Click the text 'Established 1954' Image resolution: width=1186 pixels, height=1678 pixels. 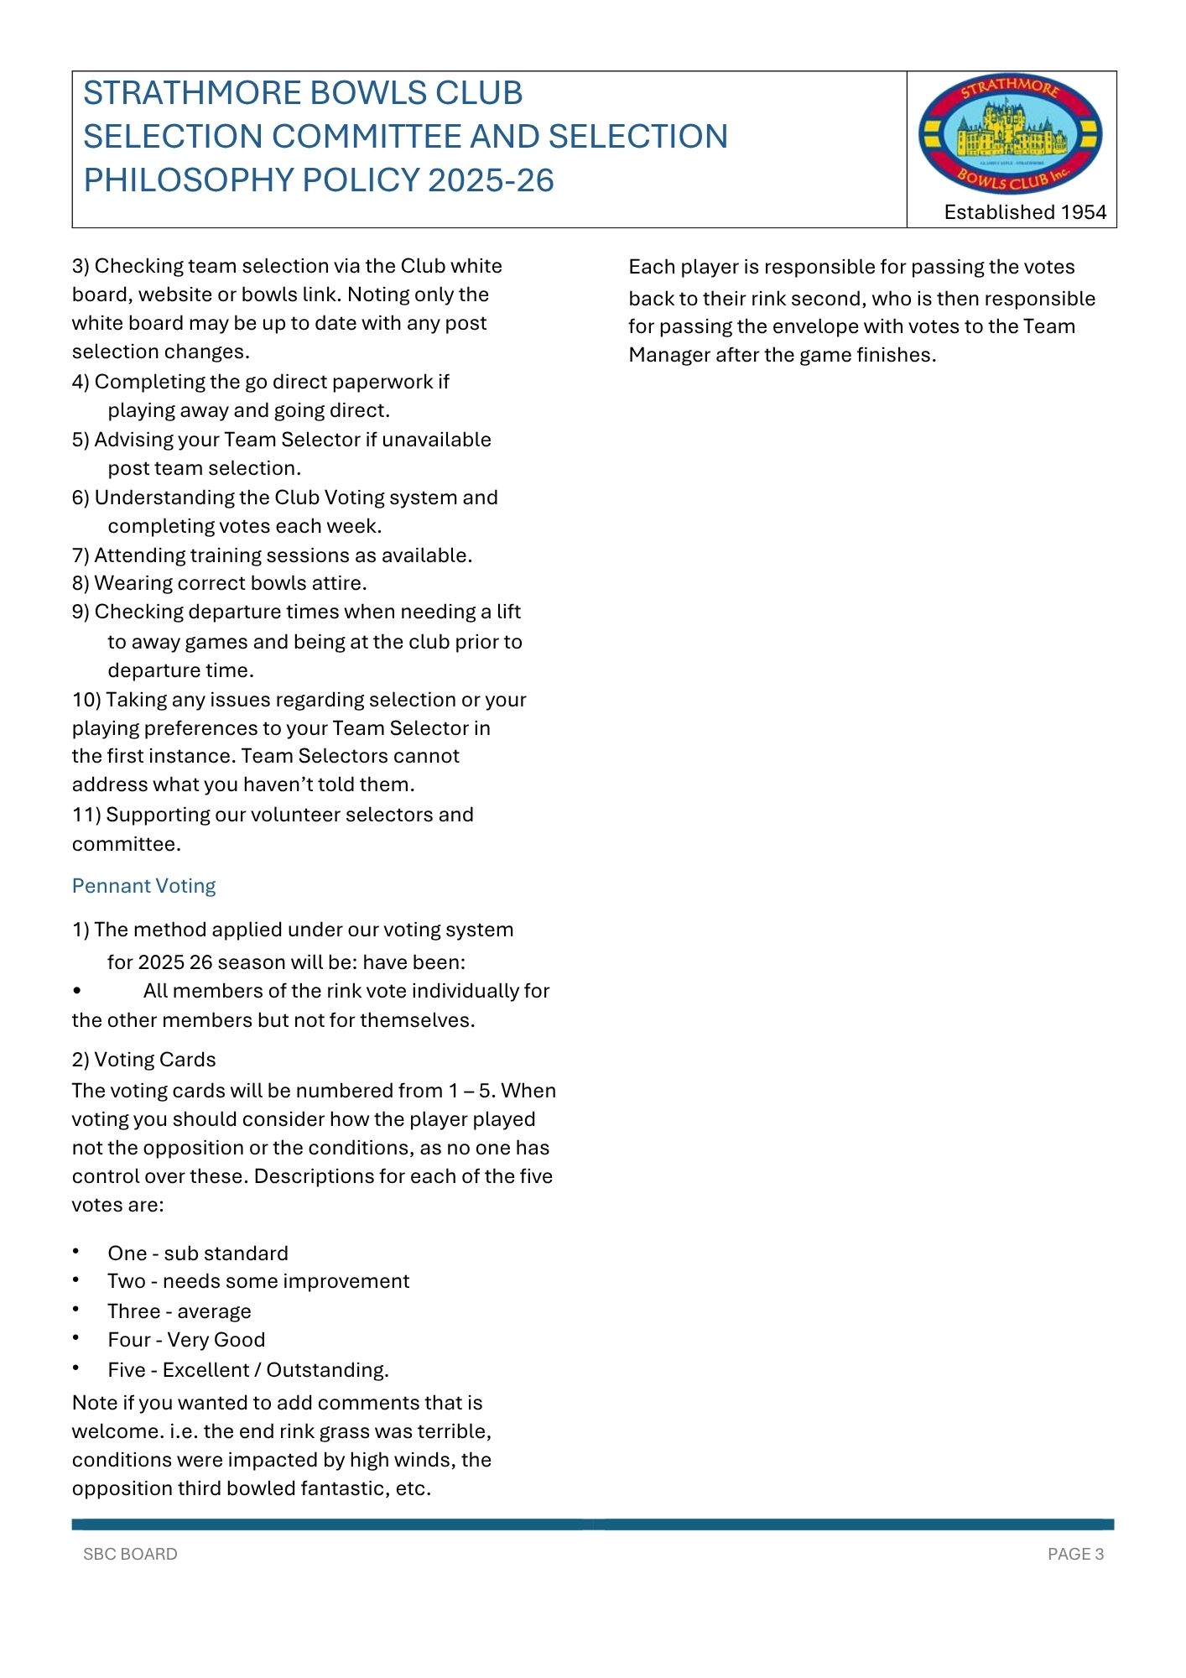(1025, 212)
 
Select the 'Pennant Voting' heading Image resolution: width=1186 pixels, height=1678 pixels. (143, 886)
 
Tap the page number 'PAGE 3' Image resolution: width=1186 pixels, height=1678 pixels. (1075, 1554)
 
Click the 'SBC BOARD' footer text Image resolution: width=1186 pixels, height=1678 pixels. (130, 1554)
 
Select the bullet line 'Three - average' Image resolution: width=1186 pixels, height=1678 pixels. (179, 1311)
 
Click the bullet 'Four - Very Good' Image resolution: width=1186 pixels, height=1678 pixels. (186, 1340)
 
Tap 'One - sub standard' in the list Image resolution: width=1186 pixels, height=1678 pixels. (197, 1253)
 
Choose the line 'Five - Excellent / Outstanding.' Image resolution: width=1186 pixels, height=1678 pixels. (248, 1370)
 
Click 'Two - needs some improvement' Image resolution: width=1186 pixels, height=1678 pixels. (258, 1281)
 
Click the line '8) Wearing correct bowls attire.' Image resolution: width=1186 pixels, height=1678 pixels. (220, 583)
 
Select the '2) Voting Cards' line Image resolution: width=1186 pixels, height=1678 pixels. (144, 1060)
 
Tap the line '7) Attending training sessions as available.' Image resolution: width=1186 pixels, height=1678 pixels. (273, 555)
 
